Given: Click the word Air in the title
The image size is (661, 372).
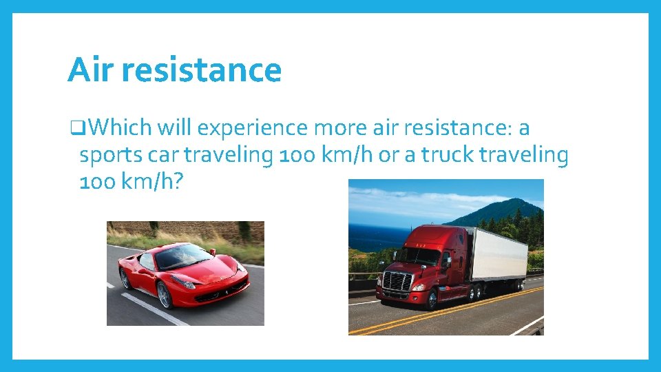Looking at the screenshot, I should pos(90,70).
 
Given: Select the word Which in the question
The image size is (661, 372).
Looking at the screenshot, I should pos(120,128).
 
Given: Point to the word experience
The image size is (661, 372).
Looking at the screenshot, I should pos(251,128).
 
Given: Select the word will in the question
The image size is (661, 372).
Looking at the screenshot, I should pos(174,128).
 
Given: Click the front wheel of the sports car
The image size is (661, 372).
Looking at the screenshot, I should pos(164,294).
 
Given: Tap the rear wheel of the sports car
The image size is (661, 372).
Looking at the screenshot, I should pos(125,278).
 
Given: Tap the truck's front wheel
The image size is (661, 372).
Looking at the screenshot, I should pos(432,299).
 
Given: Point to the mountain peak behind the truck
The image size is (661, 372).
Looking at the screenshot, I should pos(513,204).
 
